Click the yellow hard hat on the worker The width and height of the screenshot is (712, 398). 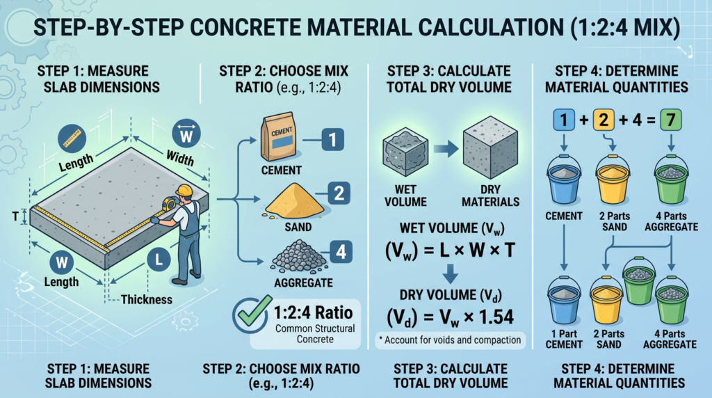click(184, 190)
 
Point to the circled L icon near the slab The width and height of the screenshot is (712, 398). click(159, 262)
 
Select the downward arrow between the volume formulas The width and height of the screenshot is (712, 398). click(451, 276)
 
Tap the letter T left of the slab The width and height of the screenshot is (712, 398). click(15, 216)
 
